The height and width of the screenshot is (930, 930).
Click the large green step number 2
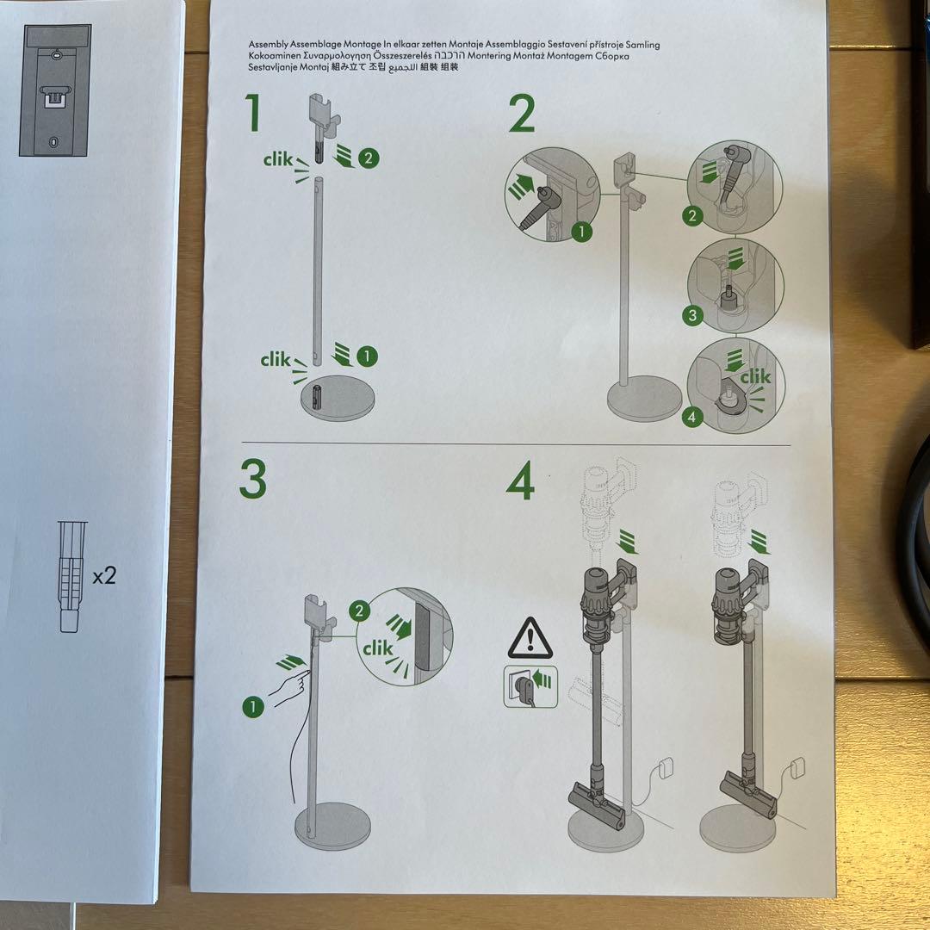(522, 115)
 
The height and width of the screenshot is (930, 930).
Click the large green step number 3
(252, 480)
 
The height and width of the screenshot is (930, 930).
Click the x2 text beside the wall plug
(104, 576)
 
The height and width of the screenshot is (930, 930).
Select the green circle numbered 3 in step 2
(693, 315)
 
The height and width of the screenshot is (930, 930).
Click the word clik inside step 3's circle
(379, 648)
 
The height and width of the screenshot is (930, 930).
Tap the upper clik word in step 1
(278, 159)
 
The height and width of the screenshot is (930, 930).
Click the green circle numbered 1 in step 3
(252, 707)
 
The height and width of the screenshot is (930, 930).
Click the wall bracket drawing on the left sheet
(55, 90)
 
